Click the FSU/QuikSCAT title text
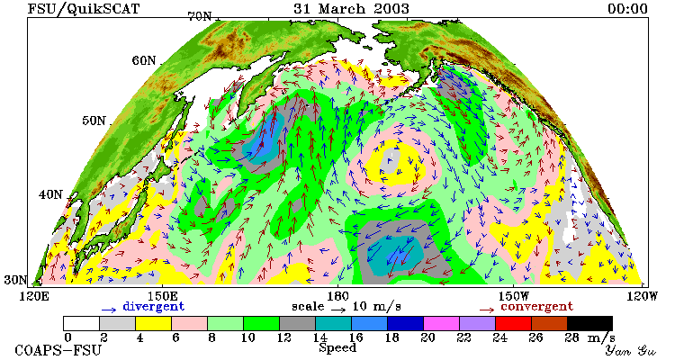coord(84,9)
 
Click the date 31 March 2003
coord(351,9)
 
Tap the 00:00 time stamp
coord(627,9)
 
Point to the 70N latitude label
coord(200,16)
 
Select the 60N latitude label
coord(144,60)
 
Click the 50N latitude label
coord(94,121)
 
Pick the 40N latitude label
coord(50,194)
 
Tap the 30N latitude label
coord(15,280)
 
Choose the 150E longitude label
coord(163,297)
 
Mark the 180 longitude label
coord(337,297)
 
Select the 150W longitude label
coord(513,297)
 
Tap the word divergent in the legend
coord(154,307)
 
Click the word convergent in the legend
coord(536,307)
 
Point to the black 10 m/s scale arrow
coord(338,309)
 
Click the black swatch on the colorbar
coord(589,323)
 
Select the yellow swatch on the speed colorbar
coord(153,323)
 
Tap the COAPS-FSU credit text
coord(58,350)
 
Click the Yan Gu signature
coord(631,350)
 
